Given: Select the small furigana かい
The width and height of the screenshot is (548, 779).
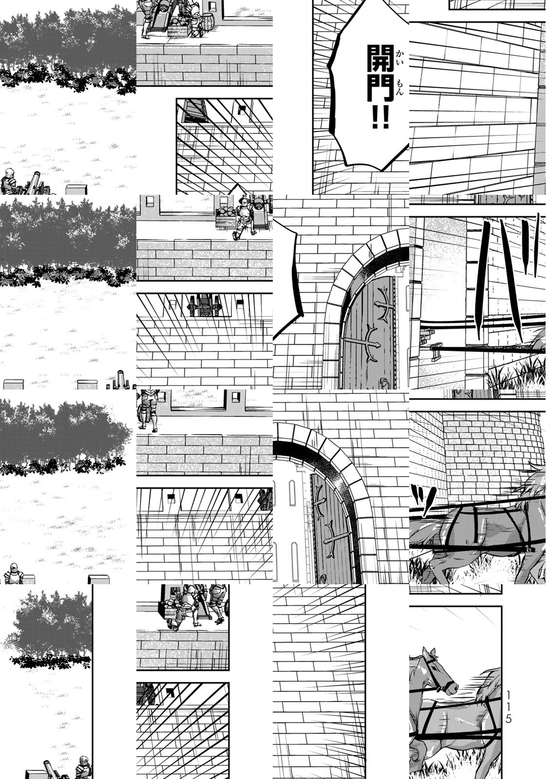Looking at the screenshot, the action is [x=399, y=57].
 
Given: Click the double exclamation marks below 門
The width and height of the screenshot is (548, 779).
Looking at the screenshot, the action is [x=379, y=116].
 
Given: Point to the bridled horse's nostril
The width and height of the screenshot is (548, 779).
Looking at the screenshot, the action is [x=453, y=686].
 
